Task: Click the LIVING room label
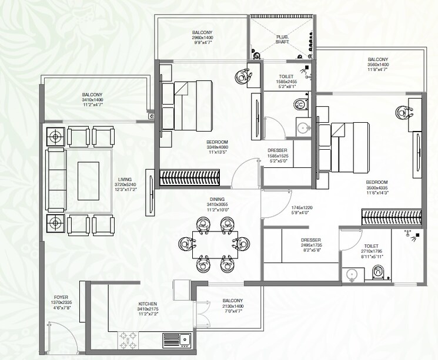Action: click(x=124, y=179)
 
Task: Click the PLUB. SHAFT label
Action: click(x=282, y=39)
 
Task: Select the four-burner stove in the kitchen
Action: click(x=128, y=338)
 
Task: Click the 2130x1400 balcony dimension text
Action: click(x=233, y=307)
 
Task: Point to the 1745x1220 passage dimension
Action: click(x=302, y=208)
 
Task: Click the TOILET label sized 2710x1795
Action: click(x=371, y=251)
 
